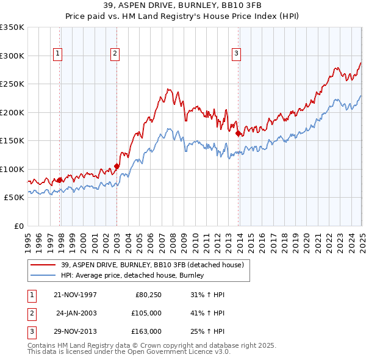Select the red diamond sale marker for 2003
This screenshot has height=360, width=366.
pyautogui.click(x=117, y=166)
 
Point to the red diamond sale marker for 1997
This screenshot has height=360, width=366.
pyautogui.click(x=59, y=180)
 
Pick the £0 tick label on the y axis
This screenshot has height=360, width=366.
pyautogui.click(x=18, y=226)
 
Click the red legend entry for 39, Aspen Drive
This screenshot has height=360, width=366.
pyautogui.click(x=152, y=265)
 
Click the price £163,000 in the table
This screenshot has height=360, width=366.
pyautogui.click(x=146, y=331)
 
